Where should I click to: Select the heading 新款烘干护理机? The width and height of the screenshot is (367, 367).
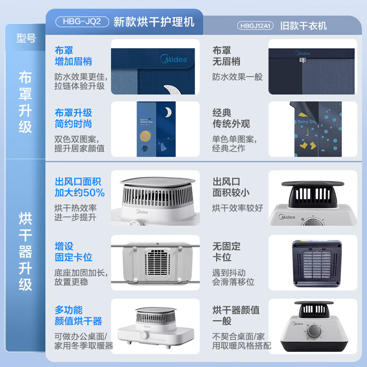[x=154, y=22]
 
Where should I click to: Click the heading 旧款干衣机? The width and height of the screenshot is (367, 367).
[x=304, y=26]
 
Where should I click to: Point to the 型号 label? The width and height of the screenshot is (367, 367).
[x=26, y=39]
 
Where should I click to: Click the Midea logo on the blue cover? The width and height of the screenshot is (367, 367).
[x=173, y=59]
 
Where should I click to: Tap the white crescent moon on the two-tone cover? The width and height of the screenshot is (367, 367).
[x=168, y=111]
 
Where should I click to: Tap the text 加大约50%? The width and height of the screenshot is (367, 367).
[x=80, y=193]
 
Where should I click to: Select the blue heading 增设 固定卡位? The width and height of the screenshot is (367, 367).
[x=73, y=252]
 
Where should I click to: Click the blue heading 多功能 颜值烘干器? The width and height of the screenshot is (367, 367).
[x=78, y=316]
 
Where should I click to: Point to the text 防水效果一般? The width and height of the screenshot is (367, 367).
[x=237, y=77]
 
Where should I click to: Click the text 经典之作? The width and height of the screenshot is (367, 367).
[x=228, y=148]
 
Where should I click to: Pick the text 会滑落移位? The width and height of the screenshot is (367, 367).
[x=233, y=282]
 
